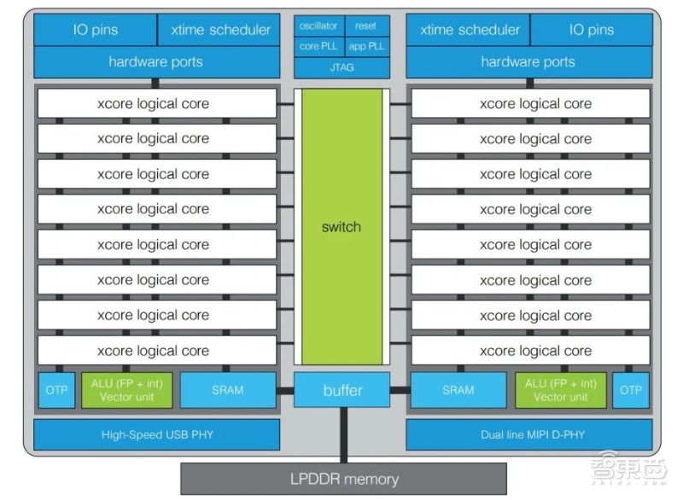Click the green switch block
pyautogui.click(x=341, y=226)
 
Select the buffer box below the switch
pyautogui.click(x=341, y=390)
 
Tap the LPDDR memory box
pyautogui.click(x=343, y=479)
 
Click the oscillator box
pyautogui.click(x=318, y=26)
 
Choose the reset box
pyautogui.click(x=366, y=26)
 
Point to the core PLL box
pyautogui.click(x=318, y=46)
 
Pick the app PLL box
pyautogui.click(x=366, y=46)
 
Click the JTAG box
pyautogui.click(x=341, y=67)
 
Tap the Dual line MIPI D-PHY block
pyautogui.click(x=527, y=435)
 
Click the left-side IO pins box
pyautogui.click(x=95, y=30)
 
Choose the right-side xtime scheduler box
pyautogui.click(x=469, y=30)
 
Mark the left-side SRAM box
pyautogui.click(x=228, y=390)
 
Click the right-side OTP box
pyautogui.click(x=630, y=390)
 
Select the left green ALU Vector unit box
pyautogui.click(x=129, y=390)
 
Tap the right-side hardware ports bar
pyautogui.click(x=527, y=61)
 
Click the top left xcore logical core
pyautogui.click(x=156, y=104)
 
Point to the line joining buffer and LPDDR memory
pyautogui.click(x=342, y=435)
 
